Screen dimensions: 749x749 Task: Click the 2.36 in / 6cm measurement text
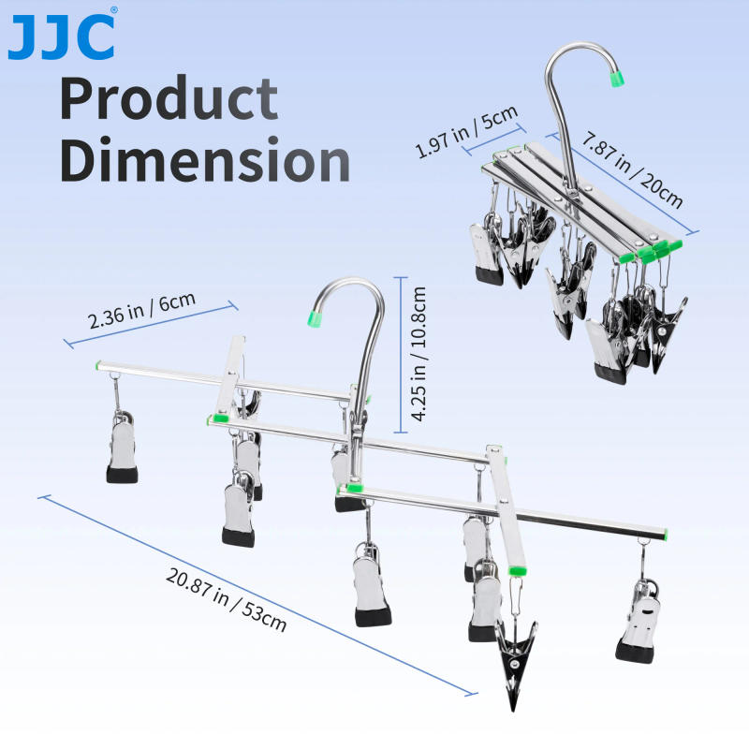pyautogui.click(x=141, y=310)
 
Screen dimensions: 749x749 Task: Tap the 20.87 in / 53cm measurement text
pyautogui.click(x=227, y=599)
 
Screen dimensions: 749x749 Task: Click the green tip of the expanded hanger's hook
pyautogui.click(x=315, y=319)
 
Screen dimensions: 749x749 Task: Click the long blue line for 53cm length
pyautogui.click(x=257, y=595)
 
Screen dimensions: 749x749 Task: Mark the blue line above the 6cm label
pyautogui.click(x=150, y=324)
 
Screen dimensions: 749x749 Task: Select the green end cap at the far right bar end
pyautogui.click(x=666, y=534)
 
